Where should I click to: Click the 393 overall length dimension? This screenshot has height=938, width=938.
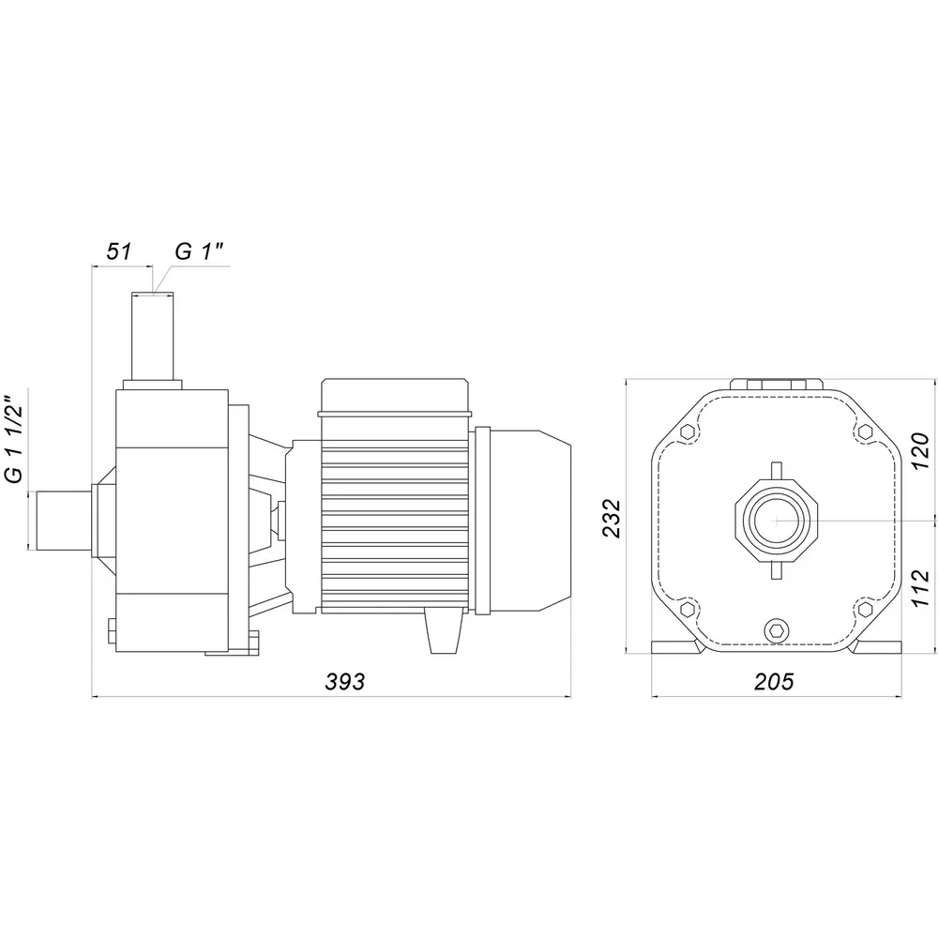point(344,681)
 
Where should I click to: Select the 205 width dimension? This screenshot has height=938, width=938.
point(774,681)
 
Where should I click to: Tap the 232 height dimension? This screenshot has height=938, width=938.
point(612,518)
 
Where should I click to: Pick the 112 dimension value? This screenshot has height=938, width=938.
point(920,588)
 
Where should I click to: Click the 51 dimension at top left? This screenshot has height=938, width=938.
point(119,251)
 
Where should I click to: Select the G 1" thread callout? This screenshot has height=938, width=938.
point(199,251)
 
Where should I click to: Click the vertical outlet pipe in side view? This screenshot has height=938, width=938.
point(152,336)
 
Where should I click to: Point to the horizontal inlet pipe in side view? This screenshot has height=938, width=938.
point(65,521)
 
